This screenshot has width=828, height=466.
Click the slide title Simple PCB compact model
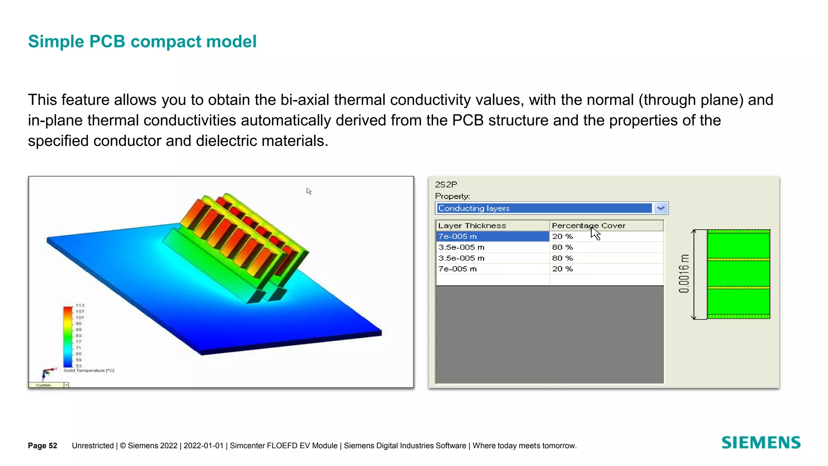(x=142, y=42)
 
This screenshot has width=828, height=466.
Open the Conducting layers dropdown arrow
(x=661, y=208)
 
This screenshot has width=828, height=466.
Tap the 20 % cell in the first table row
(x=563, y=236)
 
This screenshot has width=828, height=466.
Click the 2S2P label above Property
(x=446, y=185)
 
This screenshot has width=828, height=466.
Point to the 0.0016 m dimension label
(x=684, y=274)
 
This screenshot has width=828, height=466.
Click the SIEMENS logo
(x=761, y=443)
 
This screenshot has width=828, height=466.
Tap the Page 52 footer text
(x=42, y=446)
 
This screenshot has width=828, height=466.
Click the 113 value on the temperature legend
(x=80, y=305)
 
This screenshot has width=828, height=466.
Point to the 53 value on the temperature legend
(x=78, y=366)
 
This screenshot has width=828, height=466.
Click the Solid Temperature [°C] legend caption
(x=89, y=371)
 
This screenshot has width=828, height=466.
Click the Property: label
(x=452, y=196)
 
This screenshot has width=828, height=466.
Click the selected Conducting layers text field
(x=544, y=208)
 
